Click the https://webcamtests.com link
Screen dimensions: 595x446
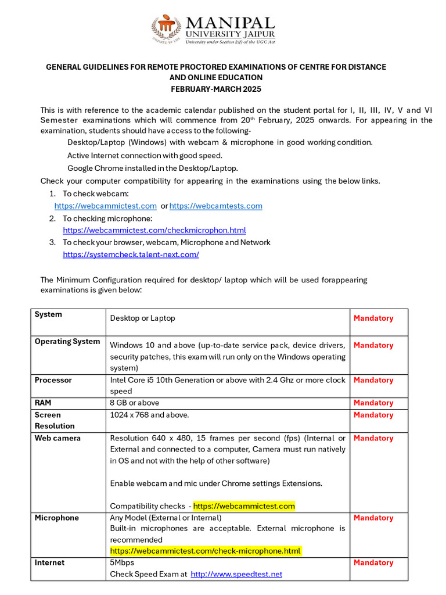(215, 206)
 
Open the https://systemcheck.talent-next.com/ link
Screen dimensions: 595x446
(131, 255)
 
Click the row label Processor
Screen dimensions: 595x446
(53, 380)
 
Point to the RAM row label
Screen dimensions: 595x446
(44, 403)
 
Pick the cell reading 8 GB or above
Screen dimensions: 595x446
(134, 403)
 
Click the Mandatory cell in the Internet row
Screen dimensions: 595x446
(373, 562)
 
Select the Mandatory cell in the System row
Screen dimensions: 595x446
(373, 318)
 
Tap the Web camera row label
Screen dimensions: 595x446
(57, 438)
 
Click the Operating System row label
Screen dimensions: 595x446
(67, 342)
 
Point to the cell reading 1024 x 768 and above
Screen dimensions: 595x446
(149, 415)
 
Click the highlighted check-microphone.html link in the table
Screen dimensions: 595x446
(206, 551)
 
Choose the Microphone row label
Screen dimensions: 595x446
(56, 518)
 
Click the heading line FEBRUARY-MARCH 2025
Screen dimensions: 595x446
(215, 89)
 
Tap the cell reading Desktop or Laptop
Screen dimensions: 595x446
(142, 318)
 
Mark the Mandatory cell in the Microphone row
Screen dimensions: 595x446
(373, 518)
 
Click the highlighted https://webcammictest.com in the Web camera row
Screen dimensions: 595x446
(244, 506)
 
